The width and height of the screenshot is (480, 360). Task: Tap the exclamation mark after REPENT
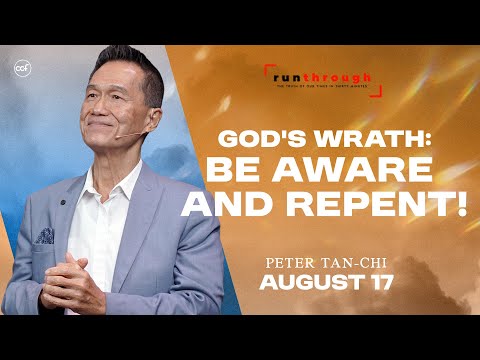pyautogui.click(x=461, y=208)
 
